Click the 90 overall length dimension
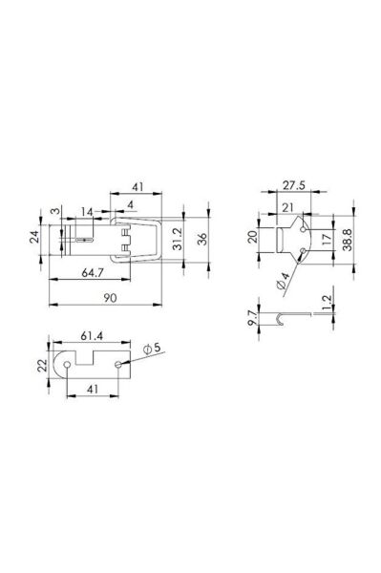(x=110, y=298)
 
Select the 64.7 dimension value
(x=92, y=273)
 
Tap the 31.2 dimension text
(x=178, y=239)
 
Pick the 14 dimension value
(x=87, y=212)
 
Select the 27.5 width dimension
(x=294, y=185)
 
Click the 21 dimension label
(x=288, y=207)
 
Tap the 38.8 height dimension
(x=348, y=240)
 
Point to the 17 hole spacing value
(x=327, y=239)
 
